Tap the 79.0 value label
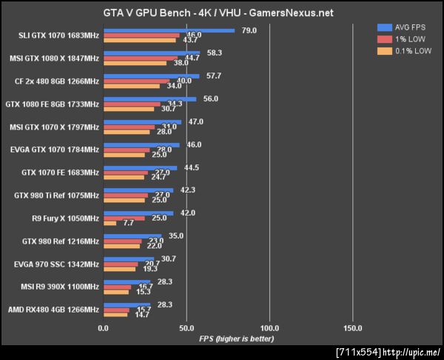pos(249,30)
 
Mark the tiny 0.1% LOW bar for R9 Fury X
pos(110,223)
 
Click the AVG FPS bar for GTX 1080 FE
pos(150,99)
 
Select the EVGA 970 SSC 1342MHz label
pos(56,264)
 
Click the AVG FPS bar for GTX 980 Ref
pos(132,236)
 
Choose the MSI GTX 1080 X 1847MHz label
pos(55,59)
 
